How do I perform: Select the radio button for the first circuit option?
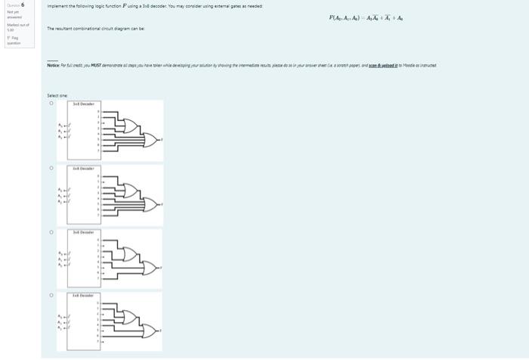coord(51,104)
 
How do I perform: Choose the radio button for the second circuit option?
coord(51,168)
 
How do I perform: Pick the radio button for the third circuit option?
coord(51,232)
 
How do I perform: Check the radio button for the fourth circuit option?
coord(51,296)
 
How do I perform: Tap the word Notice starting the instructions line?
coord(53,67)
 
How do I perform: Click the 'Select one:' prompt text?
coord(57,95)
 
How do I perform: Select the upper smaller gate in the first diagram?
coord(128,124)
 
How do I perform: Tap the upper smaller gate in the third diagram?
coord(128,251)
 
